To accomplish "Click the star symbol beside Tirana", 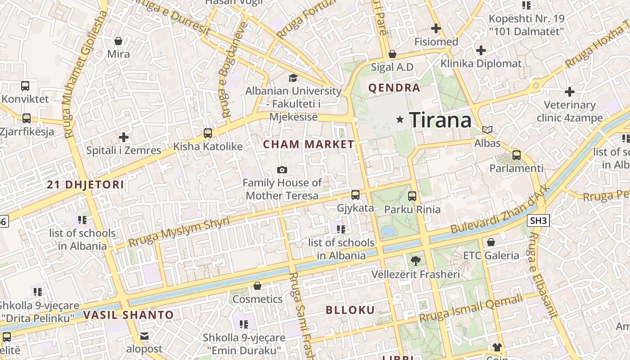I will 400,120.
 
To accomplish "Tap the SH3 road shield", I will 538,220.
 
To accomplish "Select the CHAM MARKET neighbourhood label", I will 309,144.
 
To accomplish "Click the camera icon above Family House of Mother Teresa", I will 282,170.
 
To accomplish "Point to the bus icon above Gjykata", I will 355,195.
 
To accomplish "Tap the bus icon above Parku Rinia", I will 412,196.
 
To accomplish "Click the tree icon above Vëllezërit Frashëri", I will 415,261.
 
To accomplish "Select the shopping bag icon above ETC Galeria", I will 491,242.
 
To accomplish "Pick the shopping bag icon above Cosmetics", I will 257,286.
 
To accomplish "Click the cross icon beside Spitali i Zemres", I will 124,137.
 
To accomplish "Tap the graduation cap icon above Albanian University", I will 293,78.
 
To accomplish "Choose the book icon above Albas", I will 487,130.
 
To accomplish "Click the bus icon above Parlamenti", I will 517,155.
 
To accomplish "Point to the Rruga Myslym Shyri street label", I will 179,231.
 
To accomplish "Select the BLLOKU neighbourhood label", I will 350,310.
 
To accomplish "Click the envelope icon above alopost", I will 144,336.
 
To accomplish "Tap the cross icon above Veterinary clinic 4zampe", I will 570,92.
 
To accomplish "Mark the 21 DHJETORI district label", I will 85,184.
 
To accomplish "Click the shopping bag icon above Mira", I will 118,41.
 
